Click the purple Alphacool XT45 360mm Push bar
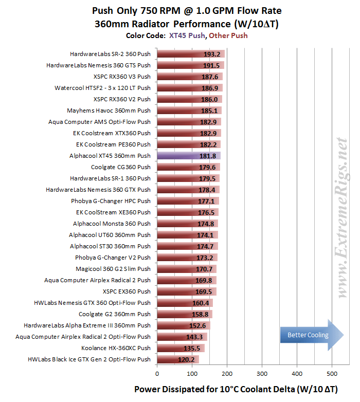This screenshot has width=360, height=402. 188,156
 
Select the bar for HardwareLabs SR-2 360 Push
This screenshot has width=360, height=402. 190,54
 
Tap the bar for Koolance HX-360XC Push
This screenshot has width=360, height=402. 181,348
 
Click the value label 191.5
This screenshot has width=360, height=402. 211,65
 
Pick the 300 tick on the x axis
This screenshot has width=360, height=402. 262,373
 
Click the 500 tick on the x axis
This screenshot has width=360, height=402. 332,373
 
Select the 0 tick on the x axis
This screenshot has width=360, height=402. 157,373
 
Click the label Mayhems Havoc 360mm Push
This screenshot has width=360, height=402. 109,111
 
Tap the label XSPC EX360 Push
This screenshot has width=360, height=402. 127,291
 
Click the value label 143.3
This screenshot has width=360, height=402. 186,337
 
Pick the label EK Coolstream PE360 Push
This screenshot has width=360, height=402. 113,144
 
